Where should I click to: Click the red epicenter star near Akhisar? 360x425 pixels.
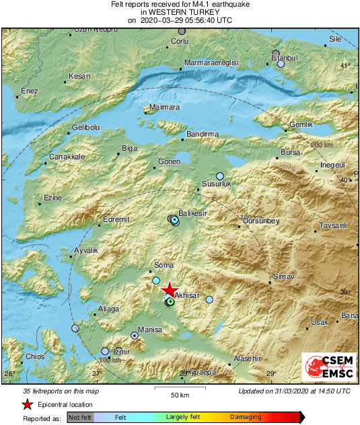click(170, 288)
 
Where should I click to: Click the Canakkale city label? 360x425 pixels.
click(67, 157)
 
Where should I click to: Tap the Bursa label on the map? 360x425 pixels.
click(290, 153)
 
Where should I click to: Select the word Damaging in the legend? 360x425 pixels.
click(246, 417)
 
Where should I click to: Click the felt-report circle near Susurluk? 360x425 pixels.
click(219, 176)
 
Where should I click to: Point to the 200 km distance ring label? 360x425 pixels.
click(322, 145)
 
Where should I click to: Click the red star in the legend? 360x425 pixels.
click(27, 404)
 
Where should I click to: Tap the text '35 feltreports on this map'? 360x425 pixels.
click(61, 391)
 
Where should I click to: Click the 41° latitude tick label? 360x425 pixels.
click(345, 65)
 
